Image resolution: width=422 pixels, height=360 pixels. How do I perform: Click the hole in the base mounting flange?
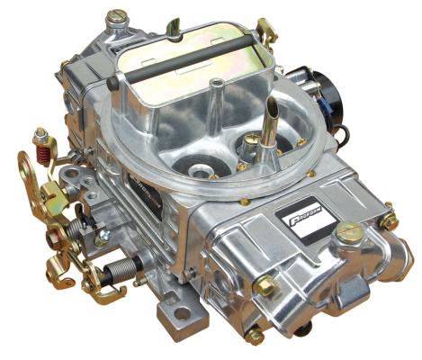click(184, 312)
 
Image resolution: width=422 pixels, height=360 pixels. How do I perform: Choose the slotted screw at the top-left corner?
click(116, 17)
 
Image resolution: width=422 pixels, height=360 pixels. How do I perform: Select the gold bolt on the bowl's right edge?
click(389, 220)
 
